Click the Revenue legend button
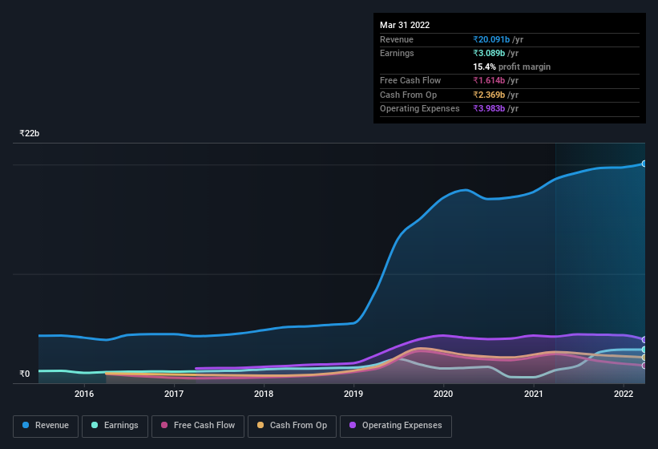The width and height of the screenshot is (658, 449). tap(46, 426)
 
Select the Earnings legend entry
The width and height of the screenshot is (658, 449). tap(115, 426)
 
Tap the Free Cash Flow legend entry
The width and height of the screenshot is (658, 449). tap(197, 426)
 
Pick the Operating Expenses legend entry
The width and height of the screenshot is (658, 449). tap(395, 426)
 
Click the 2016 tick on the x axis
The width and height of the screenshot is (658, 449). tap(84, 394)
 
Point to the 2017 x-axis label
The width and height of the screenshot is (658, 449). tap(174, 394)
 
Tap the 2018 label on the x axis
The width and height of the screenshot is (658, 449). tap(264, 394)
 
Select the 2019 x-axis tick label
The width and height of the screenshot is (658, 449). tap(353, 394)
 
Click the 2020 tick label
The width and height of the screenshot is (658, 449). tap(443, 394)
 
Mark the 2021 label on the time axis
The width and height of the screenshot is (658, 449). tap(533, 394)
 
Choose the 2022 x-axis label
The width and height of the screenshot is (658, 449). tap(623, 394)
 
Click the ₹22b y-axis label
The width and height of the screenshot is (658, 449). tap(30, 133)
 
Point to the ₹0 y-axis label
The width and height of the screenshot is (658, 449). tap(24, 374)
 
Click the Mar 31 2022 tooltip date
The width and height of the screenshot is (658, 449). tap(405, 25)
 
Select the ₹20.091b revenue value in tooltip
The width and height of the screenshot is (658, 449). tap(498, 39)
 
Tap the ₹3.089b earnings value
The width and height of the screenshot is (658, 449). tap(495, 53)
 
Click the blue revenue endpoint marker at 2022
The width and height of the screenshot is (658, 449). tap(644, 164)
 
